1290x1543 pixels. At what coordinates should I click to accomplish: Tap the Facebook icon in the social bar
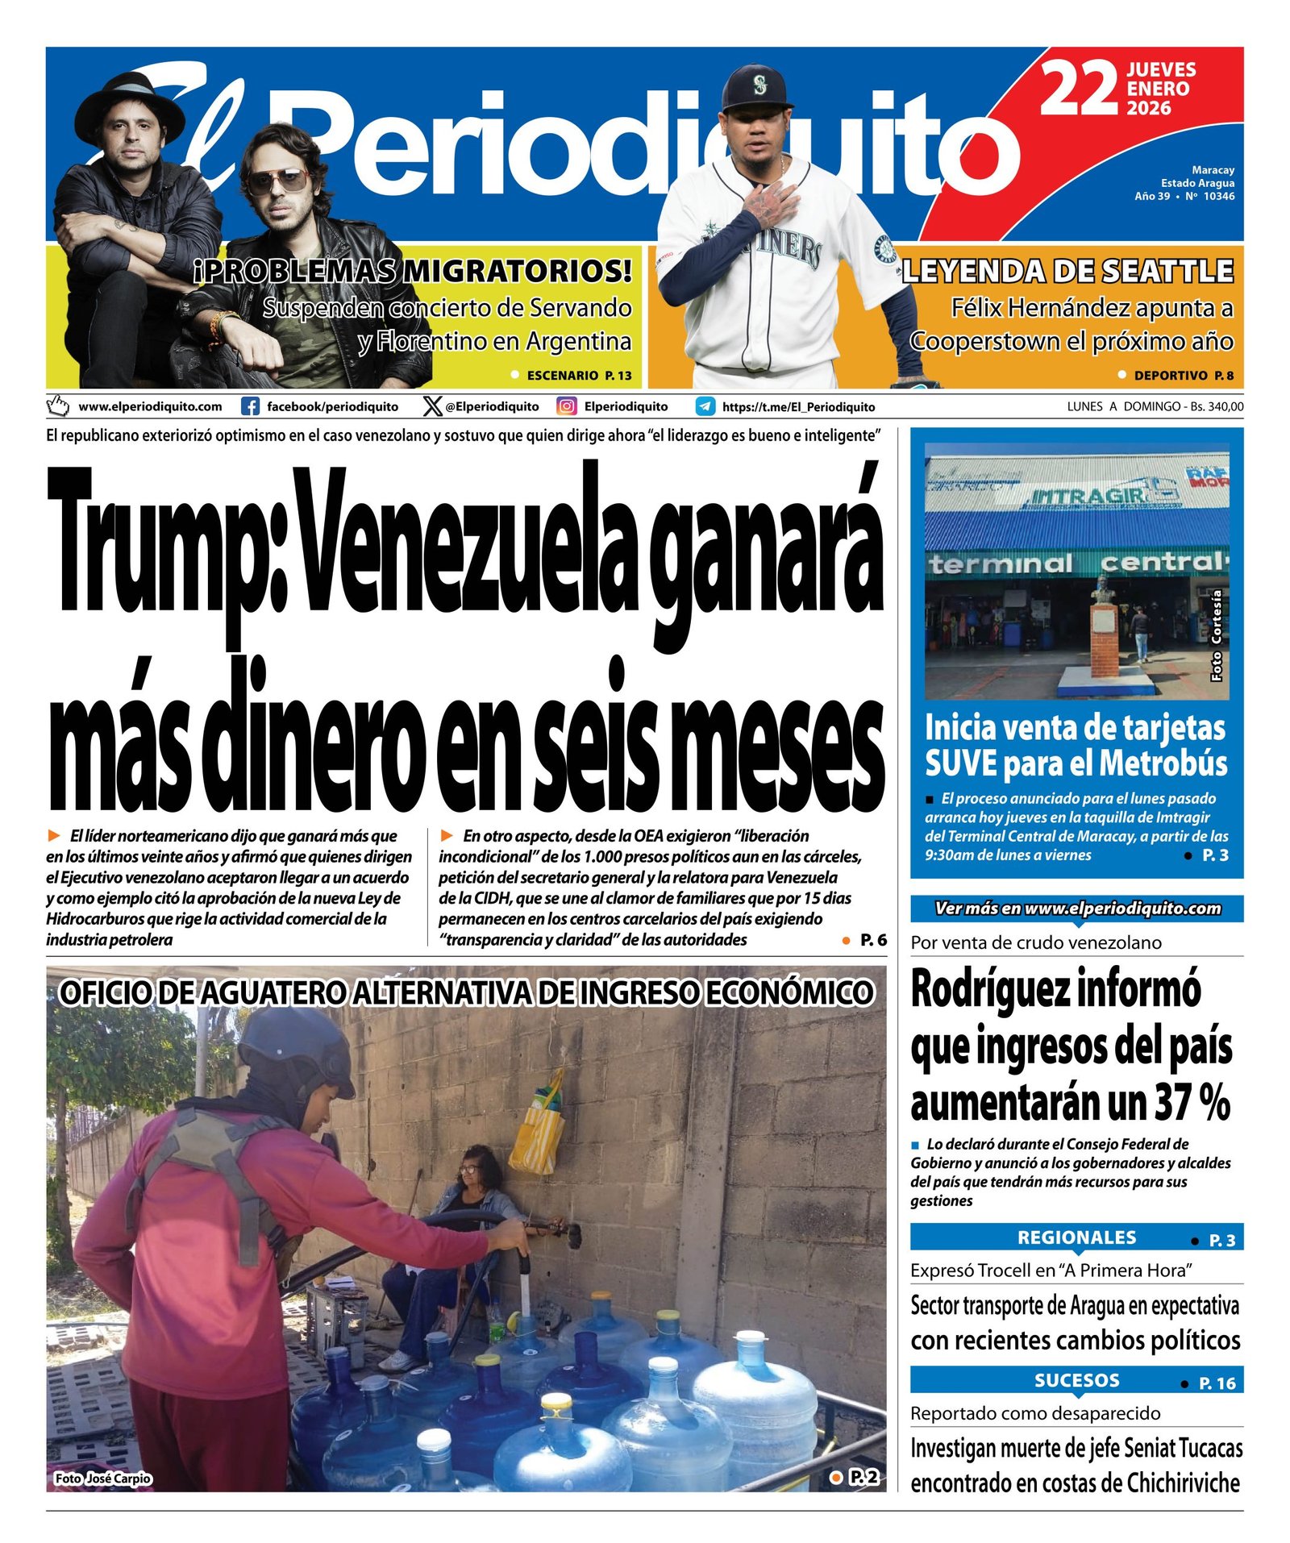251,406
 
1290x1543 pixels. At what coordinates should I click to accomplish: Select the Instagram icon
567,406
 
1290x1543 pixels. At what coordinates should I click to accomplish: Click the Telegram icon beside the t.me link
705,406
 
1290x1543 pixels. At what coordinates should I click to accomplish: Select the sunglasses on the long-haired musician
277,181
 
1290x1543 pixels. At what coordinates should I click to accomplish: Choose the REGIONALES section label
1076,1237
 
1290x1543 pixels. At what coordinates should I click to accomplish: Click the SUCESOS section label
1076,1380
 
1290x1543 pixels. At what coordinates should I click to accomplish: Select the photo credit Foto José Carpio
102,1478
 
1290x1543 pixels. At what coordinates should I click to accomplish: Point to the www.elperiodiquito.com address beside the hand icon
150,406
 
